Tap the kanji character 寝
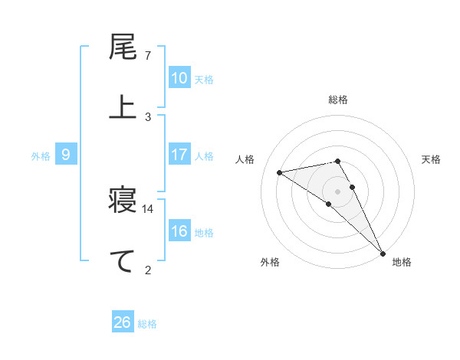[x=123, y=202]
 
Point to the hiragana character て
[x=123, y=260]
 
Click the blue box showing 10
[x=179, y=78]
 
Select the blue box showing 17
[x=179, y=155]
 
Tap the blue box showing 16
[x=179, y=231]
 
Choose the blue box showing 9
[x=66, y=155]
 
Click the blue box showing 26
[x=122, y=322]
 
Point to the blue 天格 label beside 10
[x=204, y=79]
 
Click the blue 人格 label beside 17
[x=204, y=155]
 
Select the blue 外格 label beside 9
[x=41, y=155]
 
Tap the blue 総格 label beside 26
[x=147, y=323]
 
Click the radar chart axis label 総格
[x=338, y=100]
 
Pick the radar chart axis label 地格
[x=402, y=262]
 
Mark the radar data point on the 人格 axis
[x=280, y=172]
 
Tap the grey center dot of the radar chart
[x=337, y=190]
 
